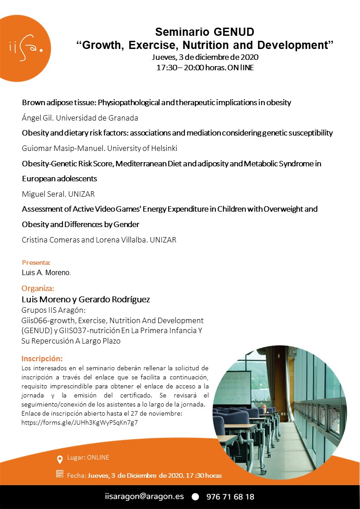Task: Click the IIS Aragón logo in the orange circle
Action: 25,47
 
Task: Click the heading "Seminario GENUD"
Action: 204,32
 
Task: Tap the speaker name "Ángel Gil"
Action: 37,118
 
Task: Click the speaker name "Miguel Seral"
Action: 43,194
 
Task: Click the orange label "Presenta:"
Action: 36,262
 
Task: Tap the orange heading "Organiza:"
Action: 38,288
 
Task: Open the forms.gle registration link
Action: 80,422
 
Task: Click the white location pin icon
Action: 59,460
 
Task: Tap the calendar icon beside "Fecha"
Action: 59,474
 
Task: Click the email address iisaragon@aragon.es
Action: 144,496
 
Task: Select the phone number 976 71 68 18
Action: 230,497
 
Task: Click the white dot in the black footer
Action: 195,497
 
